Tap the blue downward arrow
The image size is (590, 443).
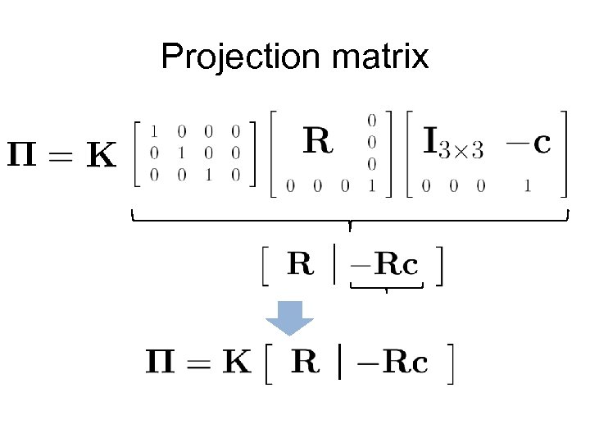[x=292, y=317]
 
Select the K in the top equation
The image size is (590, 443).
[x=101, y=153]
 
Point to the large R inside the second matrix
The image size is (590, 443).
[x=318, y=142]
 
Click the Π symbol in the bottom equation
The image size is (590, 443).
[x=161, y=362]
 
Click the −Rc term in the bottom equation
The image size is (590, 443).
[x=396, y=363]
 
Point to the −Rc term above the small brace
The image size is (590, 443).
[x=386, y=265]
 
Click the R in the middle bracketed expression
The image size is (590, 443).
[x=301, y=264]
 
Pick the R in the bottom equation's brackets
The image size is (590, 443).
[x=306, y=362]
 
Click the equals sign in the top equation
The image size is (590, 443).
[x=63, y=153]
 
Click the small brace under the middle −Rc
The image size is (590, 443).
[x=386, y=286]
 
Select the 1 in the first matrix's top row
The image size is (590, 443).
[x=152, y=130]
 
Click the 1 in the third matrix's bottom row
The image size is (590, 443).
[x=527, y=186]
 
